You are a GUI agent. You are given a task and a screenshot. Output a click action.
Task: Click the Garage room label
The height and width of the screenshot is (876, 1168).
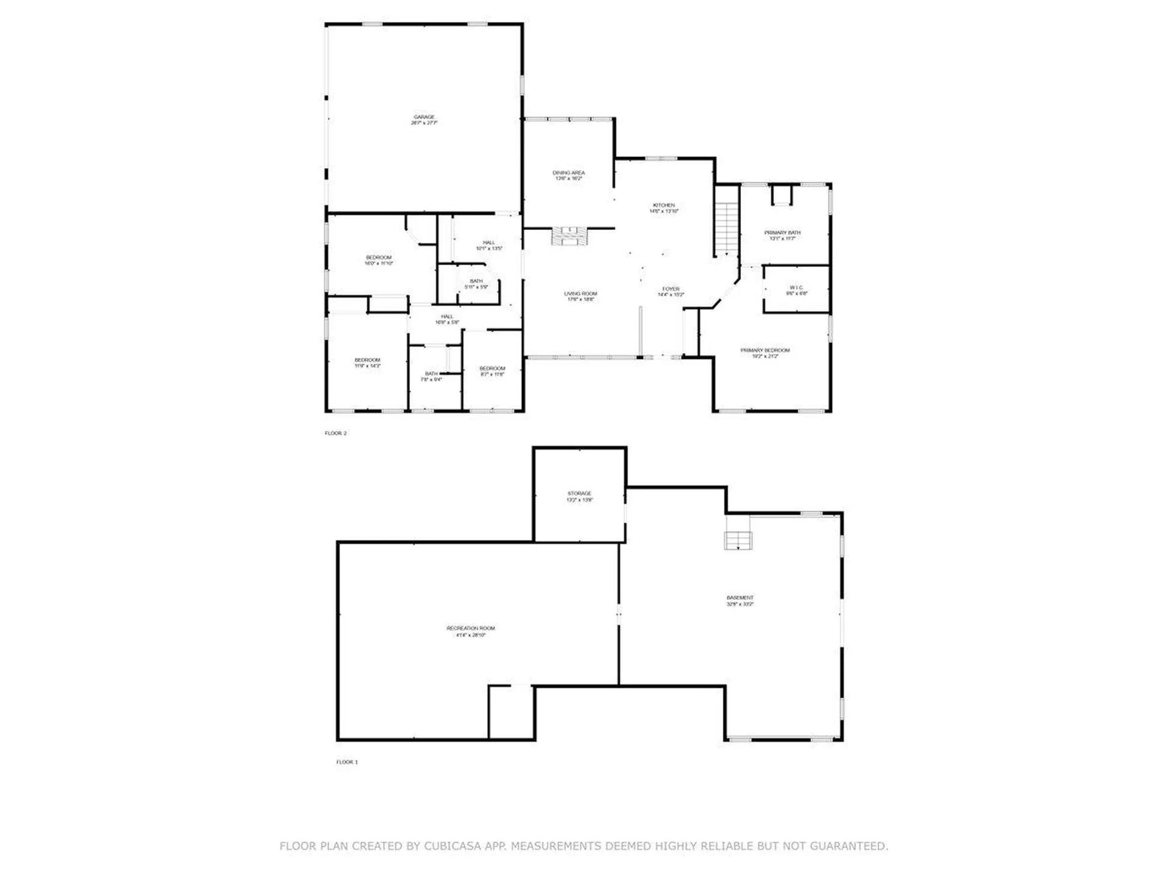[x=424, y=120]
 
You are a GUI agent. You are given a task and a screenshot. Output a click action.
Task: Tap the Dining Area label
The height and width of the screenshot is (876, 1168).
[x=568, y=176]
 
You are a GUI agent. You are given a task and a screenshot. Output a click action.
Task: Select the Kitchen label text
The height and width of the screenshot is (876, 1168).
[x=663, y=208]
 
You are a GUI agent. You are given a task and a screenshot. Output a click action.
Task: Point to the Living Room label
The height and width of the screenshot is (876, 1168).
[x=580, y=296]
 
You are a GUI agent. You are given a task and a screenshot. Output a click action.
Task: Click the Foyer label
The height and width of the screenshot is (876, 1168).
[x=670, y=292]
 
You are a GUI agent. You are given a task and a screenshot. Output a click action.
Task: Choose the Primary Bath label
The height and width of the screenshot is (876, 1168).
[x=782, y=235]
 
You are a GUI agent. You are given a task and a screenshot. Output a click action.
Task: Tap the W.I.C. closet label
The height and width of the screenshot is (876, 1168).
[x=796, y=290]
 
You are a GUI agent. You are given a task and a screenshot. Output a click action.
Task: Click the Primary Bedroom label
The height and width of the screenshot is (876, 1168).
[x=765, y=353]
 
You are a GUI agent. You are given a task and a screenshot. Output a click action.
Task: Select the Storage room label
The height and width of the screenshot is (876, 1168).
[x=579, y=496]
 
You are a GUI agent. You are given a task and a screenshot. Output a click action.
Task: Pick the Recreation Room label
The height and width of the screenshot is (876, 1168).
[x=470, y=631]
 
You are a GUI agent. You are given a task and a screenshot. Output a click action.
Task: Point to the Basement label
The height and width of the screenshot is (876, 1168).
[x=740, y=600]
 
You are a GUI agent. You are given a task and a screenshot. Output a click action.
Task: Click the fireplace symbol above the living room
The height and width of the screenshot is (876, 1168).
[x=569, y=236]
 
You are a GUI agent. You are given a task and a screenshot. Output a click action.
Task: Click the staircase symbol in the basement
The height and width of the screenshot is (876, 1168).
[x=737, y=540]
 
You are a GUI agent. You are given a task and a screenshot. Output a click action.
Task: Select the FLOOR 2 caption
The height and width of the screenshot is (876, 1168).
[x=335, y=433]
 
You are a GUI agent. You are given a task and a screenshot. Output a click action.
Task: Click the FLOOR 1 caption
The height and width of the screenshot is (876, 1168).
[x=347, y=762]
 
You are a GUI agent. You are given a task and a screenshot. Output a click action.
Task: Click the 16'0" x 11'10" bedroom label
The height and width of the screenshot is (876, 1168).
[x=378, y=260]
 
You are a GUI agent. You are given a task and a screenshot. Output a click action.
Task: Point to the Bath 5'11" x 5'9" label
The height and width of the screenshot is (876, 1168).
[x=476, y=284]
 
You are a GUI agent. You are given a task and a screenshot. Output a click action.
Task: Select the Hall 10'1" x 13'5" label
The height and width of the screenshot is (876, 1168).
[x=488, y=245]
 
